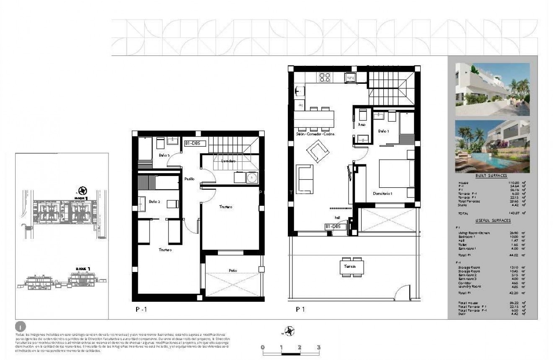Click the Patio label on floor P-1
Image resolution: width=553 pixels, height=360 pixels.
pyautogui.click(x=233, y=271)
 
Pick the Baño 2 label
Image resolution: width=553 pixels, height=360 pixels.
pyautogui.click(x=155, y=202)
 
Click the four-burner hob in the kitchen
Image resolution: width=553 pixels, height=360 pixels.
pyautogui.click(x=325, y=77)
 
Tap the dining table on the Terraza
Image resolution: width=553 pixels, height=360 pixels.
pyautogui.click(x=351, y=267)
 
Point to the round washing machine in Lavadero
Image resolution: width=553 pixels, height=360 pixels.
pyautogui.click(x=251, y=178)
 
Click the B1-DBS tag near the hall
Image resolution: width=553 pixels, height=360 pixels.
pyautogui.click(x=336, y=227)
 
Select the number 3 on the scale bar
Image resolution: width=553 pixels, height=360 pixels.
pyautogui.click(x=319, y=347)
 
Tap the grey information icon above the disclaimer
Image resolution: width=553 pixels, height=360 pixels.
pyautogui.click(x=19, y=326)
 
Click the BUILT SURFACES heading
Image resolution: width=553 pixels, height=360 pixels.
pyautogui.click(x=491, y=176)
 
